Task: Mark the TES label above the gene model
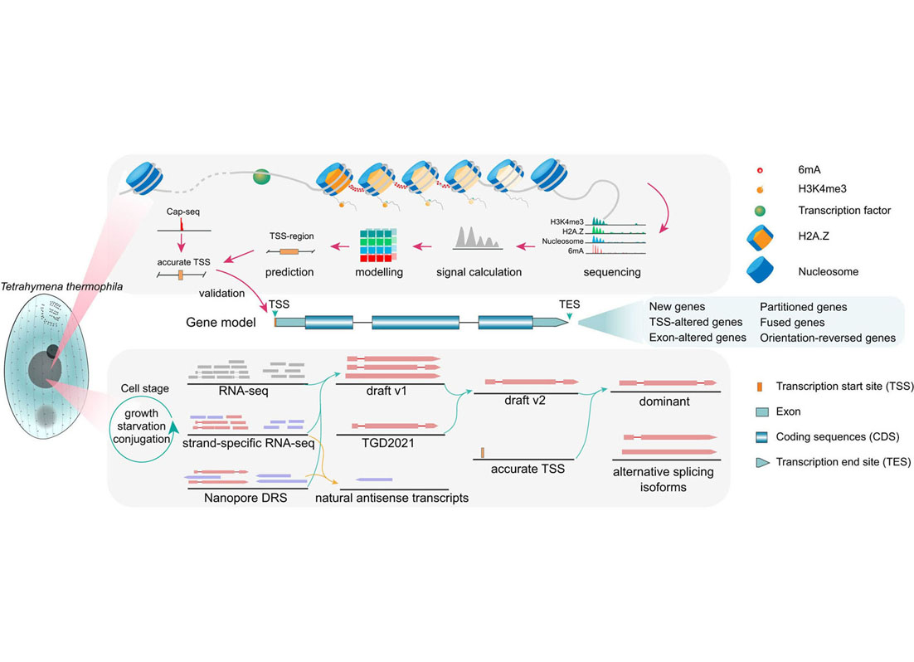coord(569,304)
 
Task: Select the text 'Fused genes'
coord(793,322)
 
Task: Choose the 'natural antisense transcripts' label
coord(392,498)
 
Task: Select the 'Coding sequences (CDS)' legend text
coord(838,436)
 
